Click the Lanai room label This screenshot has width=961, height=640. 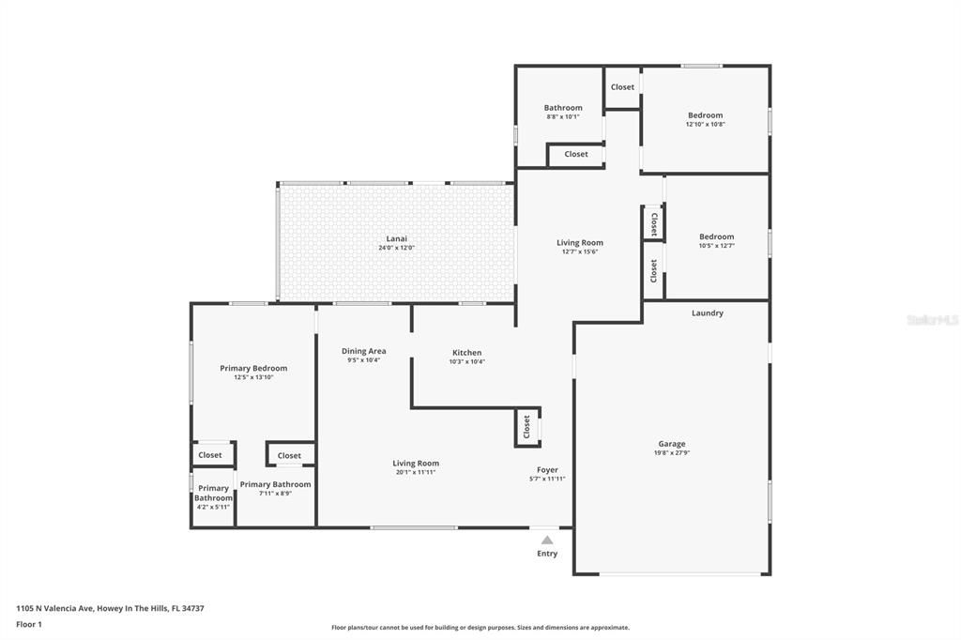click(x=395, y=238)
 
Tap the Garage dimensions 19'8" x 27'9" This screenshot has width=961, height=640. click(x=672, y=452)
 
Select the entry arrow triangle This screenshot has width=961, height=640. click(x=547, y=540)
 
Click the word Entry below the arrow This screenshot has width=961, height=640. click(x=547, y=554)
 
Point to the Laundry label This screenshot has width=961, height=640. click(x=708, y=313)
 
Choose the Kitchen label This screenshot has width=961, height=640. click(x=466, y=353)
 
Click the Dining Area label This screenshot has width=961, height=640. click(x=363, y=351)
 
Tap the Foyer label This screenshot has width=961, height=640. click(x=547, y=470)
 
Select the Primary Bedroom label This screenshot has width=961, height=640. click(x=253, y=368)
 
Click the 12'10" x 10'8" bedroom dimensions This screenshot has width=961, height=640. click(x=706, y=124)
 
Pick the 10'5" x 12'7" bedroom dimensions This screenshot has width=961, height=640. click(x=717, y=246)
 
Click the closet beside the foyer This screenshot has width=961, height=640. click(x=526, y=427)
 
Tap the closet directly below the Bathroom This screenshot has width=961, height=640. click(x=576, y=154)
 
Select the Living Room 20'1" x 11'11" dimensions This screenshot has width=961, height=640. click(x=416, y=472)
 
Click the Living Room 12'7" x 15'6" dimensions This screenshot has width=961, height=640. click(x=580, y=251)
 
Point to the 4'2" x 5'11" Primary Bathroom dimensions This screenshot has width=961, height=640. click(x=213, y=507)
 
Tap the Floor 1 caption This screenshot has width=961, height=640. click(x=29, y=624)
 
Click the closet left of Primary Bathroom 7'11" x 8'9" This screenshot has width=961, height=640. click(x=210, y=455)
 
